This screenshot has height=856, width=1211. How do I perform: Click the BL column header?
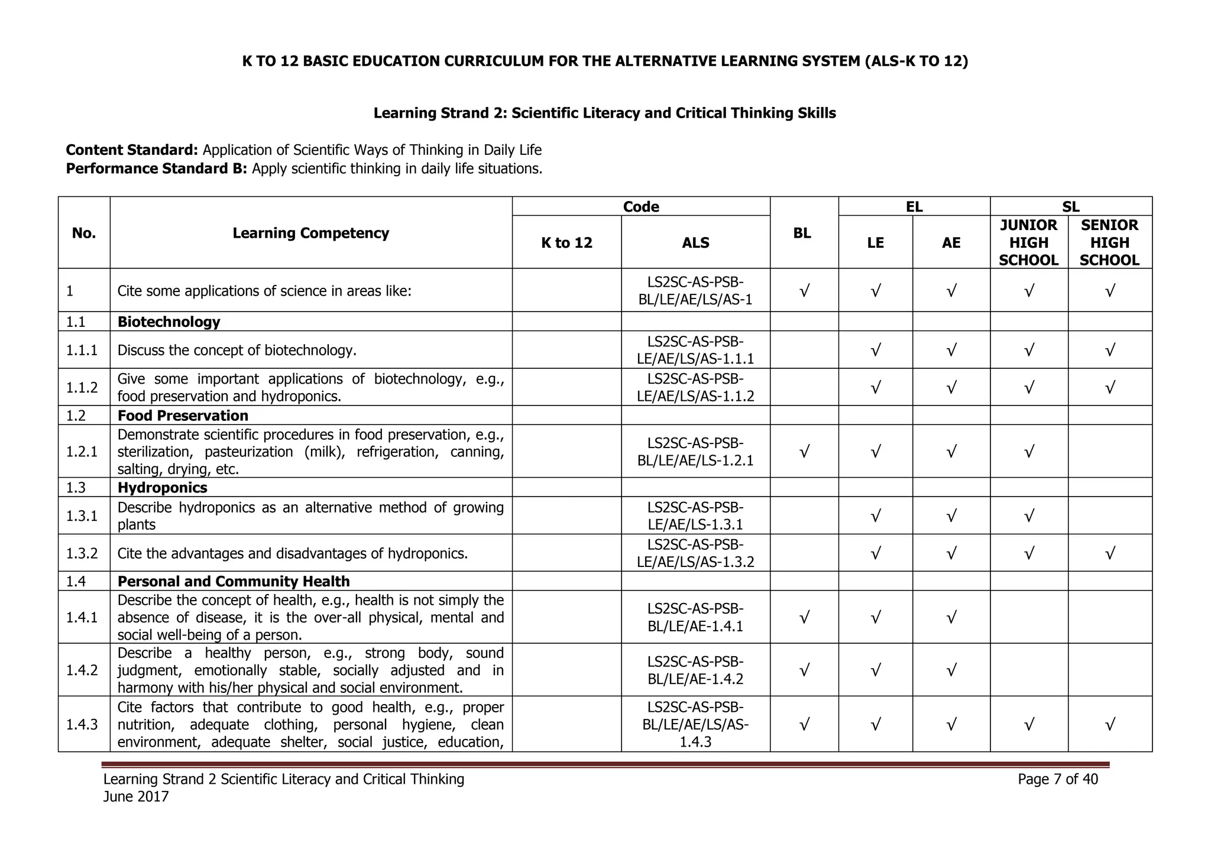pyautogui.click(x=802, y=233)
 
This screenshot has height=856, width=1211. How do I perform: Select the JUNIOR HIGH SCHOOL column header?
pyautogui.click(x=1028, y=242)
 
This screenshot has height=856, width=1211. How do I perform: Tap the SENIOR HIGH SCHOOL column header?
pyautogui.click(x=1109, y=242)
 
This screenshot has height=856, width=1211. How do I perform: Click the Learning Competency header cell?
pyautogui.click(x=310, y=233)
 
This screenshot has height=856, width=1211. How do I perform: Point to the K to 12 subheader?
pyautogui.click(x=566, y=242)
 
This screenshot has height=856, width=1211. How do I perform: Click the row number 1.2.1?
pyautogui.click(x=82, y=452)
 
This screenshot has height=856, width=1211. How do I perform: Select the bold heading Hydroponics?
pyautogui.click(x=162, y=488)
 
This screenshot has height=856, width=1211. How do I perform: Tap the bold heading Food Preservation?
pyautogui.click(x=183, y=416)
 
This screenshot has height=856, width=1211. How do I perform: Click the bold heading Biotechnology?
pyautogui.click(x=169, y=322)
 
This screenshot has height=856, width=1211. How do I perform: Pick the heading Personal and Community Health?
pyautogui.click(x=234, y=581)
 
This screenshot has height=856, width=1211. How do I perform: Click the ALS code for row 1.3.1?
pyautogui.click(x=695, y=515)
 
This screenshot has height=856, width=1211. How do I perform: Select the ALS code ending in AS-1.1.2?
pyautogui.click(x=695, y=387)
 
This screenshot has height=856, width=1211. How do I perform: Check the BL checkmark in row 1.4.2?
pyautogui.click(x=804, y=670)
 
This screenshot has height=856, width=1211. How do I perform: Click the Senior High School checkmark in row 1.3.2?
pyautogui.click(x=1110, y=553)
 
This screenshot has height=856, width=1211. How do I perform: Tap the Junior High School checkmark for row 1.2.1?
pyautogui.click(x=1029, y=452)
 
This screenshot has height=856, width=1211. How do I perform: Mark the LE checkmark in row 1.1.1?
pyautogui.click(x=876, y=350)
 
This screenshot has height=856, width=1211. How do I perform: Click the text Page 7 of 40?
pyautogui.click(x=1057, y=779)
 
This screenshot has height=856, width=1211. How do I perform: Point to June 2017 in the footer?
pyautogui.click(x=136, y=797)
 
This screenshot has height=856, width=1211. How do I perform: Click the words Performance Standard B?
pyautogui.click(x=156, y=168)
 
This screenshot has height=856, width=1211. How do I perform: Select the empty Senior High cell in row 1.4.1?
pyautogui.click(x=1109, y=617)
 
